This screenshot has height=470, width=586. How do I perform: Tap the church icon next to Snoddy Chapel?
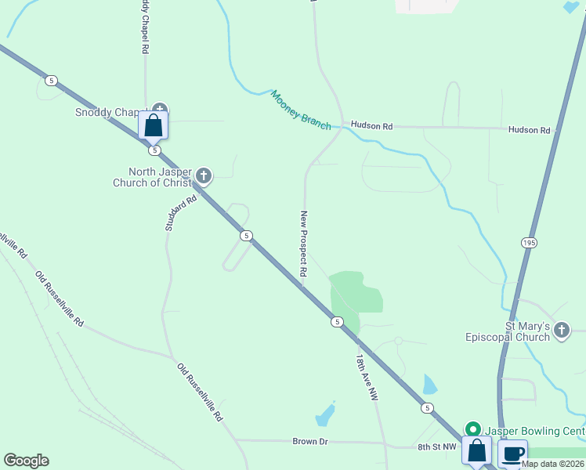point(160,110)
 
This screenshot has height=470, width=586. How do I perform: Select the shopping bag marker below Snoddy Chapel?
point(153,125)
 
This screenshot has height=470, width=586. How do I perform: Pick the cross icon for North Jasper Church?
point(204,175)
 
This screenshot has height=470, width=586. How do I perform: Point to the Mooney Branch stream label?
point(301,109)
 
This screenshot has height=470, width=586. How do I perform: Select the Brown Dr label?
point(310,442)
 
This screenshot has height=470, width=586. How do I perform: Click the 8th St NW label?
point(436,446)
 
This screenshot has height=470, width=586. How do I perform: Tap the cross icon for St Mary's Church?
point(561,331)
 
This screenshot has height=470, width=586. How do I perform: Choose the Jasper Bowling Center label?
point(534,431)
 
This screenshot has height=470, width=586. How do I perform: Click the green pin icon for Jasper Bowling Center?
point(472,429)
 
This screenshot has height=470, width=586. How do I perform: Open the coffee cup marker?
point(513,454)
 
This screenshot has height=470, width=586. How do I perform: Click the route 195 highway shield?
point(528,244)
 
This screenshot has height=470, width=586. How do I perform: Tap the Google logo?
point(26,461)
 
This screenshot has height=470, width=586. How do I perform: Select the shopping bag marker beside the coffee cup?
point(476,452)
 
